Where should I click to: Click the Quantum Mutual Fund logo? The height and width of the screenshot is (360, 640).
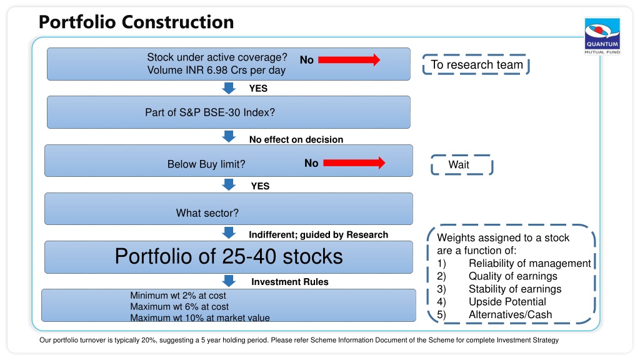coord(602,36)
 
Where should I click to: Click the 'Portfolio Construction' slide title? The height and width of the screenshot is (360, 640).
coord(136,22)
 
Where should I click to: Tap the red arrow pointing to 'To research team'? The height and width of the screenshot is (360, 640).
coord(349,60)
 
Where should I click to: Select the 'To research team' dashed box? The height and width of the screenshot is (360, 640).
coord(476,64)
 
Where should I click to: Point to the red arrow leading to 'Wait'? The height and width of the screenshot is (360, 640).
coord(354,163)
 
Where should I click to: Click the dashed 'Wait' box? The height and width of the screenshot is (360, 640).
coord(462,165)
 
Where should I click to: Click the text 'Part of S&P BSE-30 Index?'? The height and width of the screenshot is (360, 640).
coord(210,112)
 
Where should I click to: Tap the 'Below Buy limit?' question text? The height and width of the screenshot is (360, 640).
coord(206,164)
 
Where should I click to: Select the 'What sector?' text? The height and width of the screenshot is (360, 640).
coord(207,213)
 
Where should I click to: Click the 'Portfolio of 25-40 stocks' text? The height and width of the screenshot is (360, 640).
coord(229,256)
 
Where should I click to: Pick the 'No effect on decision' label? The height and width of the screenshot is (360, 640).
coord(296,139)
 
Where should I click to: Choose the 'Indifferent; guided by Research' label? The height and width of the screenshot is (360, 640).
coord(318,235)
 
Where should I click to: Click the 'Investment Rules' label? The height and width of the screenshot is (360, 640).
coord(290,282)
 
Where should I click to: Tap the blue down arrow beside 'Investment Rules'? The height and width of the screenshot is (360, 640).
coord(229,281)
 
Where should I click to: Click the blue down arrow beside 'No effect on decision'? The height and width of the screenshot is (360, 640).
coord(229,137)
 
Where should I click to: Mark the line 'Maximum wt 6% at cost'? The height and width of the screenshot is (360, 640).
coord(179,306)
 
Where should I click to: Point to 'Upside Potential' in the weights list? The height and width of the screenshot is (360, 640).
coord(507,302)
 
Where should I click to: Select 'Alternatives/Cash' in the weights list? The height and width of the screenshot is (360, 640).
coord(510,315)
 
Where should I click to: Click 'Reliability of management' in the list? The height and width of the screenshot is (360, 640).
coord(530,263)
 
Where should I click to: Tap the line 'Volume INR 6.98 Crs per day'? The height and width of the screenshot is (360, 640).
coord(216,70)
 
